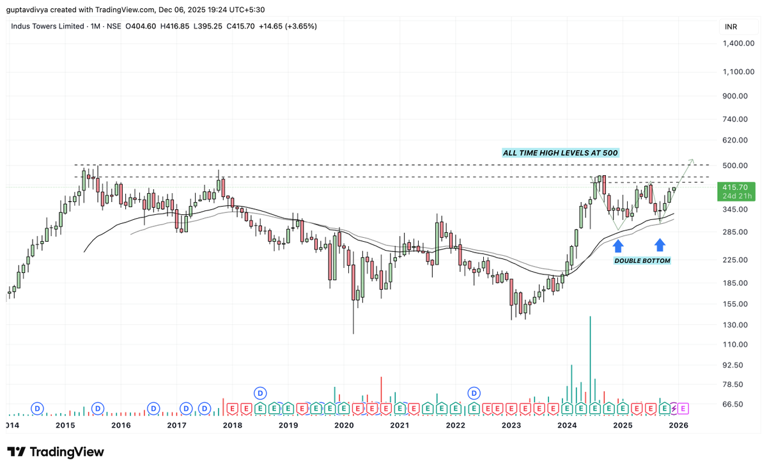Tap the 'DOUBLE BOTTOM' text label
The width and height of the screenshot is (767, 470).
click(642, 261)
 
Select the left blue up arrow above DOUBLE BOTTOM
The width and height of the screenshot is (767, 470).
click(618, 246)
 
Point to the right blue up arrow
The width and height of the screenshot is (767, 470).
click(660, 244)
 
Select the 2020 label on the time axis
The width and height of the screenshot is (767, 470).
click(344, 425)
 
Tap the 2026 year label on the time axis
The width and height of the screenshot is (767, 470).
click(678, 425)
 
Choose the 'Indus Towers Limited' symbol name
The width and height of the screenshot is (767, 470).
click(47, 26)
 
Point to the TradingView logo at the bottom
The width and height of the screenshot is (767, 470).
click(55, 452)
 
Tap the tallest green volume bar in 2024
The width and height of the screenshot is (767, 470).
click(590, 358)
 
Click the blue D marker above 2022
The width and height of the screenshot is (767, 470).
click(474, 392)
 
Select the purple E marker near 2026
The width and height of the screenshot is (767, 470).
click(683, 407)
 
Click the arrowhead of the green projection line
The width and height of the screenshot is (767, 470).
click(692, 159)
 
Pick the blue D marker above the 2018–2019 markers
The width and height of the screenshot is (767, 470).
click(260, 392)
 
